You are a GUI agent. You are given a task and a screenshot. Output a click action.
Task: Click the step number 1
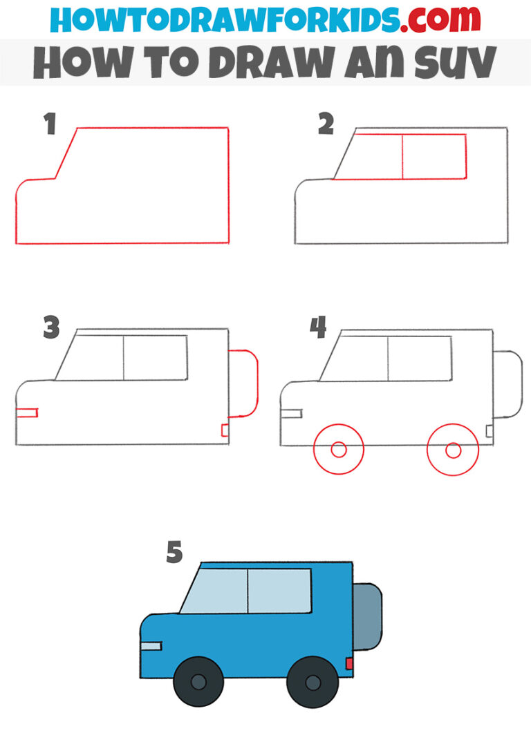(x=48, y=126)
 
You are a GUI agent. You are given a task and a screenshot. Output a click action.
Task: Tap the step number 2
(x=326, y=125)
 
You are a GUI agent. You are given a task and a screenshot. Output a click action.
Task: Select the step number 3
(x=51, y=328)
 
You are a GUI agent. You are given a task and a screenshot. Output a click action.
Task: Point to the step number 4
(x=318, y=328)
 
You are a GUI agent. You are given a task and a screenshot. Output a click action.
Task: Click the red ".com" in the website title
(x=431, y=20)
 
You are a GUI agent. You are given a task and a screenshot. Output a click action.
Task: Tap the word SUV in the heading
(x=450, y=63)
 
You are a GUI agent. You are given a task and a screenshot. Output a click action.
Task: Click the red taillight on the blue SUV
(x=349, y=664)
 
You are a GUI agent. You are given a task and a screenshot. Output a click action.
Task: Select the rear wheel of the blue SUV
(x=313, y=683)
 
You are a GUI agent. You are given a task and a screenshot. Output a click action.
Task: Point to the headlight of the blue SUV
(x=151, y=646)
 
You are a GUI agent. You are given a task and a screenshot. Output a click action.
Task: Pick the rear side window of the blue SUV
(x=279, y=591)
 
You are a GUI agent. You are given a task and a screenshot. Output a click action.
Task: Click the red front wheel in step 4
(x=338, y=450)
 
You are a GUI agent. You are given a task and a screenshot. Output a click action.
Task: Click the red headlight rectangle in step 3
(x=26, y=412)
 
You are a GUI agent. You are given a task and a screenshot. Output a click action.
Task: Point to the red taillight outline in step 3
(x=224, y=430)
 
